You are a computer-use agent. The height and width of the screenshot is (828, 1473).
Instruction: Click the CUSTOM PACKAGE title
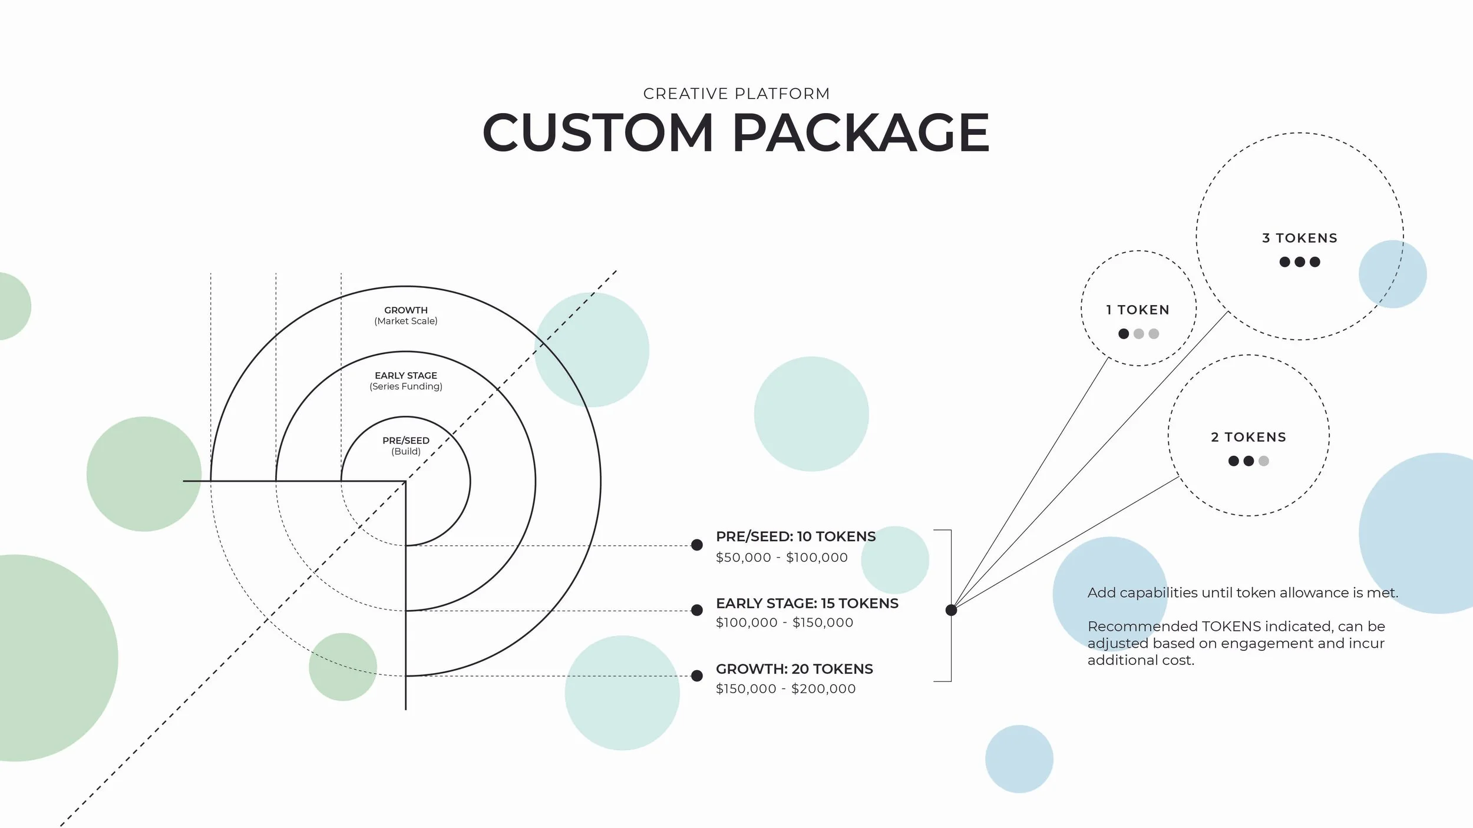(x=735, y=133)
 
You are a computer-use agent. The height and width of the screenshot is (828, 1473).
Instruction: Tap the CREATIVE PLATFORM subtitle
(x=736, y=94)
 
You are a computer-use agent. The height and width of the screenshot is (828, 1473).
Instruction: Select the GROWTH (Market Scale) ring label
(x=406, y=316)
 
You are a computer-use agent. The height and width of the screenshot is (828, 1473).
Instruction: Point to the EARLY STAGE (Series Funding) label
(x=406, y=381)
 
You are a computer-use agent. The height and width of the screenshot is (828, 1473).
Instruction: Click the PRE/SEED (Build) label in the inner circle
(x=406, y=446)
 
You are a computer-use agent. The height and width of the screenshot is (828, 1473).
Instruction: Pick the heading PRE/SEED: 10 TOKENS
(x=795, y=536)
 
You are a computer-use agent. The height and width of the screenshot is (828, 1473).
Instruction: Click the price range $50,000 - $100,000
(x=781, y=557)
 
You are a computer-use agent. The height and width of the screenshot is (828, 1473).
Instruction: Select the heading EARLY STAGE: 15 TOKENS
(x=807, y=603)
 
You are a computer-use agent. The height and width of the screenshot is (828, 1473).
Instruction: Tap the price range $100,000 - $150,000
(x=784, y=622)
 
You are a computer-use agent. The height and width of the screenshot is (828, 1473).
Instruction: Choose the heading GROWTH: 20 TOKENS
(x=794, y=669)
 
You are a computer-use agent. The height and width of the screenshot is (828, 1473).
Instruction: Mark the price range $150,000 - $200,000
(x=785, y=688)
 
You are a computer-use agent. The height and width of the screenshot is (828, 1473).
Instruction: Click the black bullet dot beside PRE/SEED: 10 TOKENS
(x=696, y=545)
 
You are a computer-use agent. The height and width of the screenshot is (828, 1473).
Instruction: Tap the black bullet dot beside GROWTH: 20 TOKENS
(x=696, y=675)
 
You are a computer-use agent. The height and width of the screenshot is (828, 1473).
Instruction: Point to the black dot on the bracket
(x=951, y=610)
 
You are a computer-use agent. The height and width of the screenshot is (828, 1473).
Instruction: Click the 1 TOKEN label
(x=1138, y=310)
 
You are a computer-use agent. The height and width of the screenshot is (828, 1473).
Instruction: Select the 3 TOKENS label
(x=1300, y=238)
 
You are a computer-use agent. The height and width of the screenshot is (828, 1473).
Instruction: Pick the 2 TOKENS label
(x=1249, y=437)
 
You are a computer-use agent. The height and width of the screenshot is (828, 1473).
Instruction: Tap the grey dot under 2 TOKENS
(x=1263, y=461)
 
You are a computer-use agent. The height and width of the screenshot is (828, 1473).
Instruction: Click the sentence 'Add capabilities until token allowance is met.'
(x=1243, y=592)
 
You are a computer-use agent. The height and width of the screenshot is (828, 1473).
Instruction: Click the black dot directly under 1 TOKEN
(x=1124, y=334)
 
